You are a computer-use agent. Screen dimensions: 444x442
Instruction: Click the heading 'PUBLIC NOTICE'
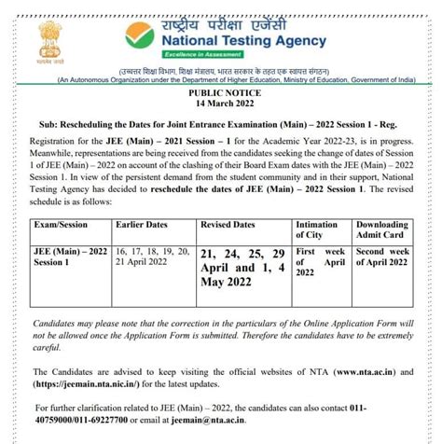(x=221, y=95)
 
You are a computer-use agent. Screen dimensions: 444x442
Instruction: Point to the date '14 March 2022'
(x=221, y=106)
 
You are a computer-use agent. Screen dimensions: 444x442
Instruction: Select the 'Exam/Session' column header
(x=61, y=226)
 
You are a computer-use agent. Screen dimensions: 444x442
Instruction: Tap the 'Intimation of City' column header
(x=317, y=231)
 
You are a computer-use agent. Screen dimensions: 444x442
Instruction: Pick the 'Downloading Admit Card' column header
(x=381, y=231)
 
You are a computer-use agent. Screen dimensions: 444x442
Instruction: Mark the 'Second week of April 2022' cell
(x=382, y=257)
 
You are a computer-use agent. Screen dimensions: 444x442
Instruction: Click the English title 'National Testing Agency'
(x=242, y=42)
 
